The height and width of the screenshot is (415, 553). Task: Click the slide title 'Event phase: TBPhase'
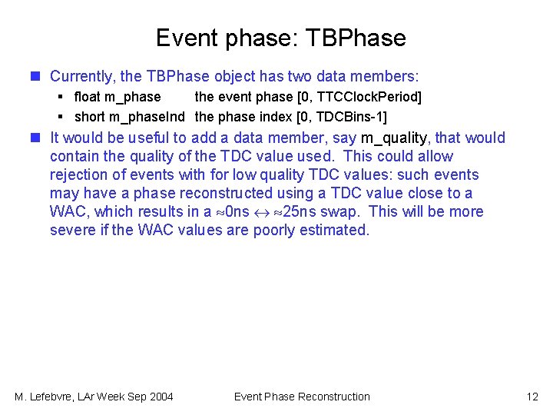[280, 38]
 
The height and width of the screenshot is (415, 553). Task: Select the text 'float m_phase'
[118, 97]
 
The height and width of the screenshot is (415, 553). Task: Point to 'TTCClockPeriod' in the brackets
[368, 97]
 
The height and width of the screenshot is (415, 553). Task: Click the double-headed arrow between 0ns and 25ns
[263, 212]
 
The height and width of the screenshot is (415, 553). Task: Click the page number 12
[532, 397]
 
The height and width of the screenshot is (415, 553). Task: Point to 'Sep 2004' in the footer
[151, 397]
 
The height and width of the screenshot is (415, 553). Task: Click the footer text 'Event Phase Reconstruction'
[302, 397]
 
